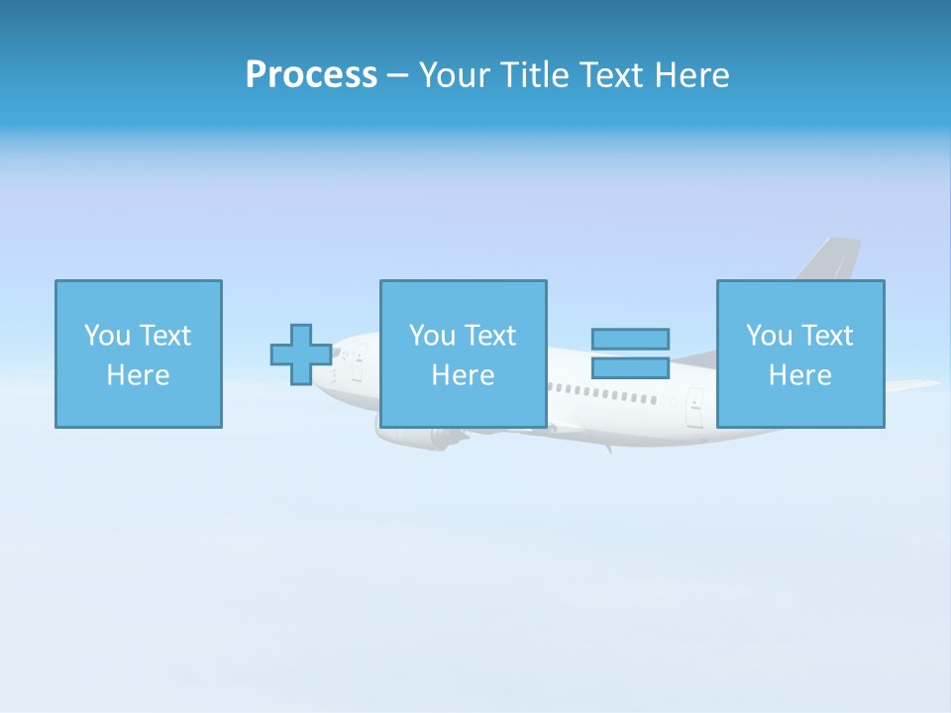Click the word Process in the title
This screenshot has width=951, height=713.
click(311, 75)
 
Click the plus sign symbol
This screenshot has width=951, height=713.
click(301, 354)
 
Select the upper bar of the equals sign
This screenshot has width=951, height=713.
click(630, 339)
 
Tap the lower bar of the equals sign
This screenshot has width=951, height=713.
click(630, 367)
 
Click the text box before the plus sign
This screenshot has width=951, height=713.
click(139, 354)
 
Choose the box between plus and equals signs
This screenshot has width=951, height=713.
click(463, 354)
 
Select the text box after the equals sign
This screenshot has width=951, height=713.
click(800, 354)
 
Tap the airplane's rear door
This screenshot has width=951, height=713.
click(695, 406)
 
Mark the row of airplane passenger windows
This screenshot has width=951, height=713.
click(604, 393)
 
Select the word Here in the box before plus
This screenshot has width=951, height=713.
click(139, 375)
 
